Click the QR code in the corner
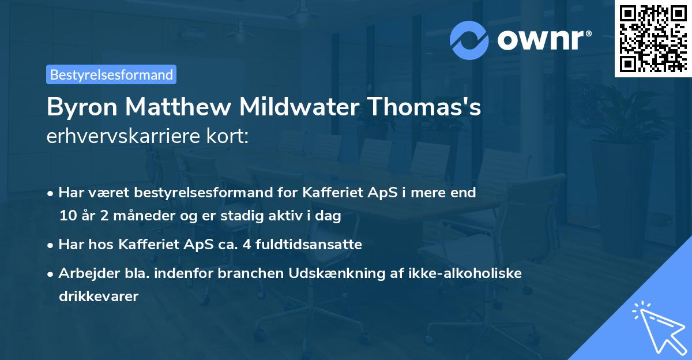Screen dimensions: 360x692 tap(653, 38)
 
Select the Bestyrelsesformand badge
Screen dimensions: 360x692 tap(111, 74)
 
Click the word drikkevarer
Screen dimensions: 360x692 tap(99, 297)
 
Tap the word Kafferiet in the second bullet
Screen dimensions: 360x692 tap(145, 245)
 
